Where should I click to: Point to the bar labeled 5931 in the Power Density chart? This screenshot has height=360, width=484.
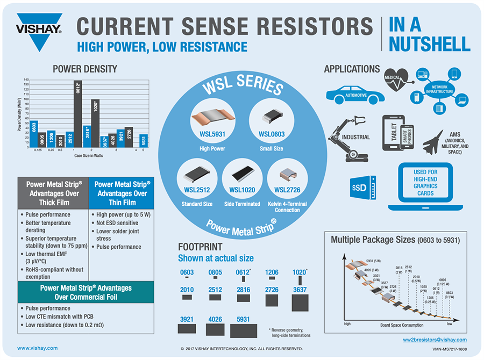144,140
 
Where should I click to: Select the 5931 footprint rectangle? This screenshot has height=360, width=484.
244,329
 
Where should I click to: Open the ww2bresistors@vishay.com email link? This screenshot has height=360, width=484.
435,340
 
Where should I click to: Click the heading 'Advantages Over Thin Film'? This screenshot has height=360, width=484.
122,193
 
